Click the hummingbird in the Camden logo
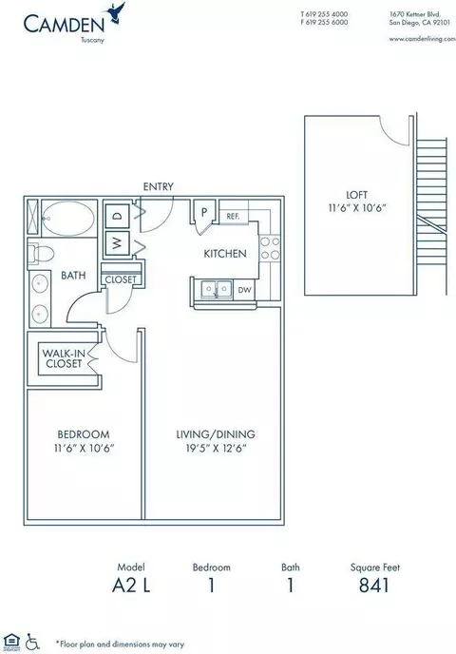point(116,12)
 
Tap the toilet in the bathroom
point(41,255)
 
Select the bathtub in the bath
point(68,218)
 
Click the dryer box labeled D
point(118,215)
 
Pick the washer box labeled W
point(118,242)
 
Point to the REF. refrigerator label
point(233,216)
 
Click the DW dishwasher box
point(244,290)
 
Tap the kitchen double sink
point(217,289)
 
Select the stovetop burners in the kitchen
point(270,249)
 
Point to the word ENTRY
point(158,186)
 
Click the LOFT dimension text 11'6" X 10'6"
point(356,208)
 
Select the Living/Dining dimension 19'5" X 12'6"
point(217,449)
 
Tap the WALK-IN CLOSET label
point(64,358)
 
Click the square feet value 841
point(374,586)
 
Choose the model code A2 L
point(131,586)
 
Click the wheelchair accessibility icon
point(32,641)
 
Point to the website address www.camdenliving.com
point(422,39)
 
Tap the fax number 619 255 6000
point(327,23)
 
